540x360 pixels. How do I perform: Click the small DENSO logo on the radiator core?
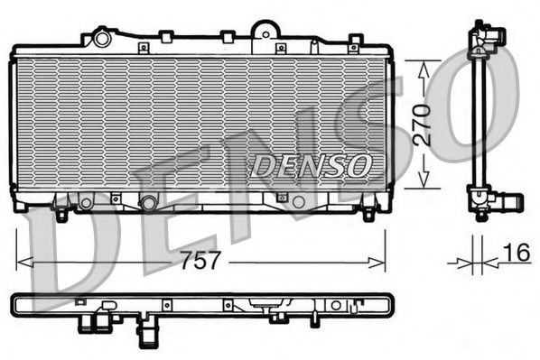point(311,164)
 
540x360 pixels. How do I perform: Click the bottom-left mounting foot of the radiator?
point(61,214)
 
